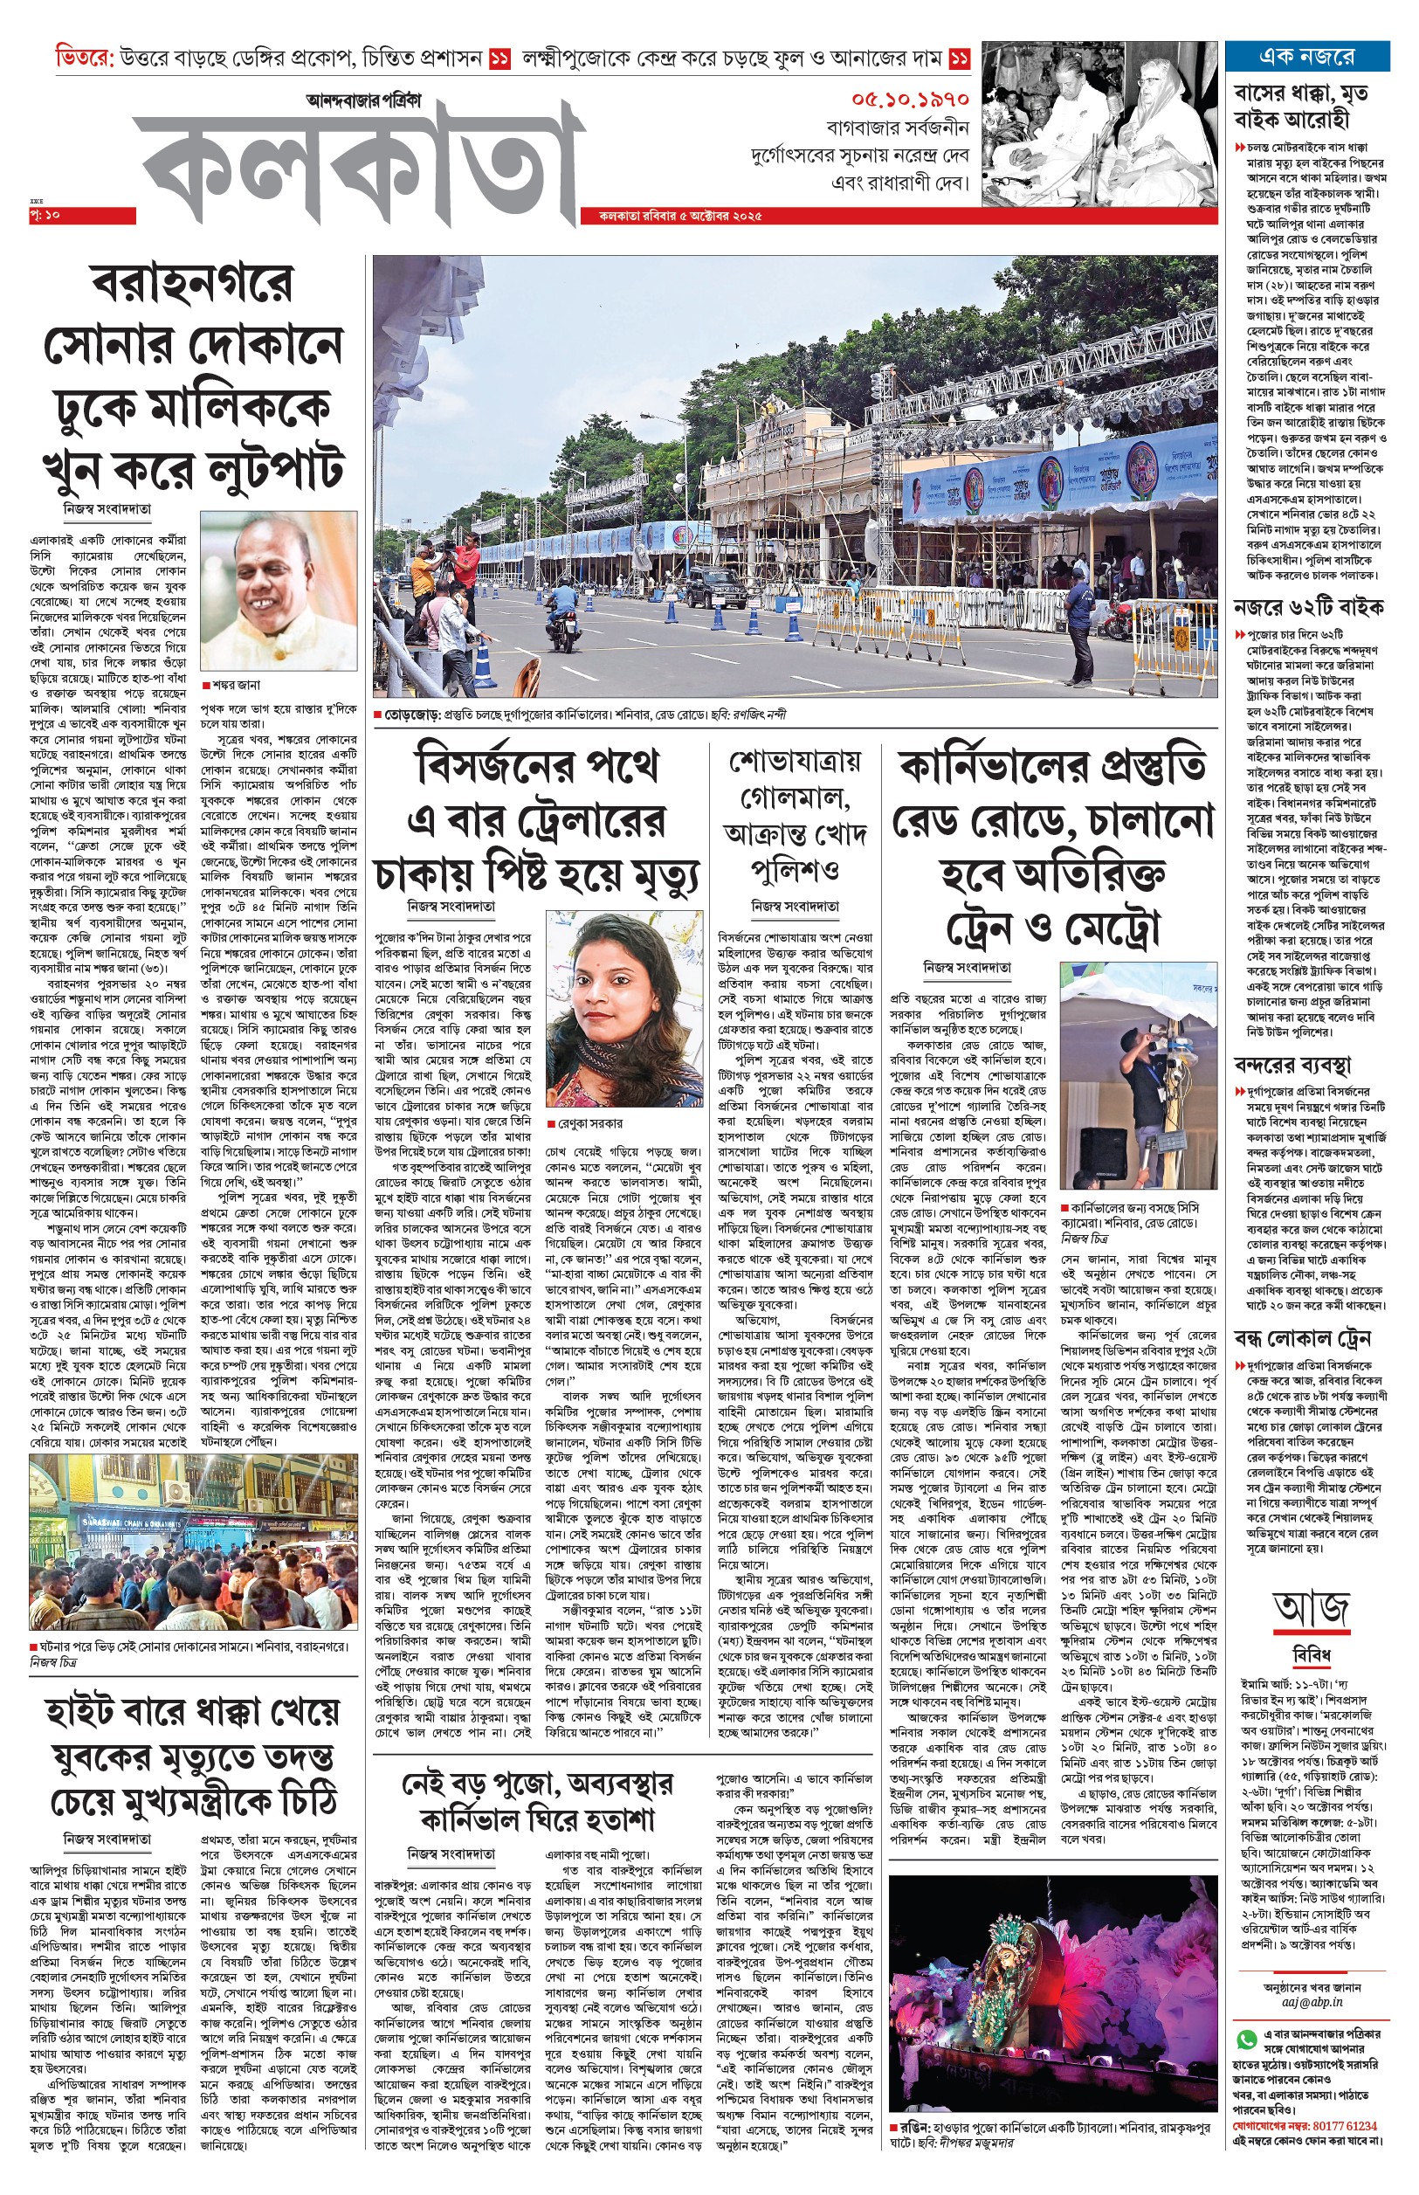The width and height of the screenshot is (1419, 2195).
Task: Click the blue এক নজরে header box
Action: click(1305, 56)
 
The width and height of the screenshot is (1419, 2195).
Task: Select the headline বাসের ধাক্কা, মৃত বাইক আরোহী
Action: click(1300, 106)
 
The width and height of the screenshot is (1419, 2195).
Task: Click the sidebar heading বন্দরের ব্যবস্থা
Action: click(1292, 1066)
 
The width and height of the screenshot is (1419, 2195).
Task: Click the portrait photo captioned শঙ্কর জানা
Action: click(279, 591)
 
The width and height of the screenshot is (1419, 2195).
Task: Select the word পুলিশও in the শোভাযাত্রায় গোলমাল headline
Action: click(795, 870)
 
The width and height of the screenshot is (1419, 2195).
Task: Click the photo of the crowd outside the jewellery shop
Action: click(193, 1543)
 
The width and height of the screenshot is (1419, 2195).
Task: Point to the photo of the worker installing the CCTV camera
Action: click(1138, 1077)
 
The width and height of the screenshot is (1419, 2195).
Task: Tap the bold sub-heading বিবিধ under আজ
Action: click(1312, 1656)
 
